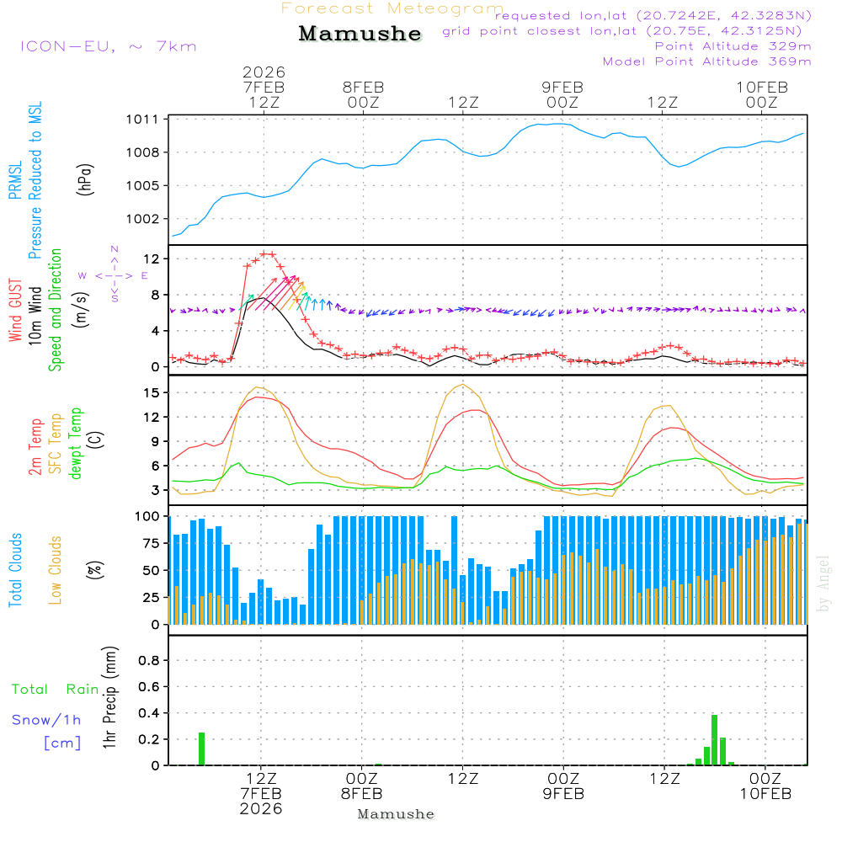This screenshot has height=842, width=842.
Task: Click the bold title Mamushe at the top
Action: tap(360, 34)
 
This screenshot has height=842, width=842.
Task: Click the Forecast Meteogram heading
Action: tap(392, 8)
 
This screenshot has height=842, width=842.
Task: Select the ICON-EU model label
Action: tap(107, 46)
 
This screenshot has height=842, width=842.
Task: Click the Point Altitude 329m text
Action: tap(733, 46)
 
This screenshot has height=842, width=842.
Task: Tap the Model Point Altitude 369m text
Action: tap(707, 61)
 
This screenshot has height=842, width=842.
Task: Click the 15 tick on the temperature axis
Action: tap(152, 392)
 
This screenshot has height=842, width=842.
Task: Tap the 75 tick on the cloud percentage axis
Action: tap(152, 543)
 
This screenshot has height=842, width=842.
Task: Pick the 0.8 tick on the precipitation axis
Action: tap(149, 661)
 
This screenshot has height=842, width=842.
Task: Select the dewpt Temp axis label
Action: tap(76, 444)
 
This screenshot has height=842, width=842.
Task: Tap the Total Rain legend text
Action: tap(56, 690)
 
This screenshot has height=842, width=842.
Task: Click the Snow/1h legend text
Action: tap(46, 720)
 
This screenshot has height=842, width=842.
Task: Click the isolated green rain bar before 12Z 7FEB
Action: tap(202, 749)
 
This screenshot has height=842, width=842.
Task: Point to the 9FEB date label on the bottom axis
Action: tap(562, 794)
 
